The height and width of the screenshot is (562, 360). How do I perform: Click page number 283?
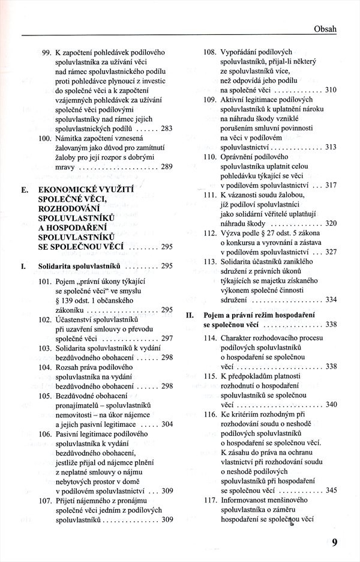(167, 128)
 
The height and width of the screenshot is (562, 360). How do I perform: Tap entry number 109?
(209, 100)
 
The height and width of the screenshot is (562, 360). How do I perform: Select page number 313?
(330, 148)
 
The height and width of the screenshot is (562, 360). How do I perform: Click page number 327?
(330, 251)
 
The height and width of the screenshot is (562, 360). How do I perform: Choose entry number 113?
(209, 261)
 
